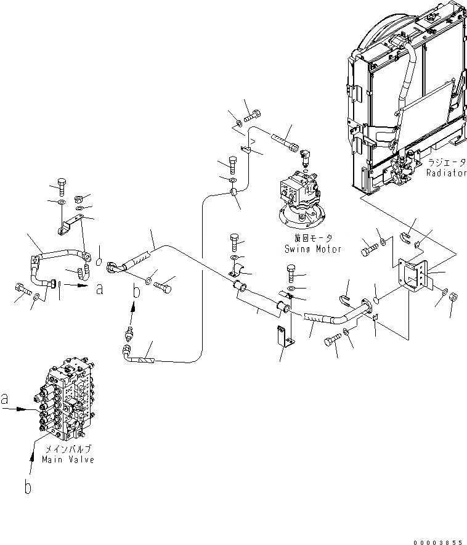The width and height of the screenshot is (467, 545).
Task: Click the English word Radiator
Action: click(446, 173)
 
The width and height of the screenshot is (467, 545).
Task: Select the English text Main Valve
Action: click(68, 460)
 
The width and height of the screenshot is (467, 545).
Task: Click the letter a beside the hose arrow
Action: click(99, 288)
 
